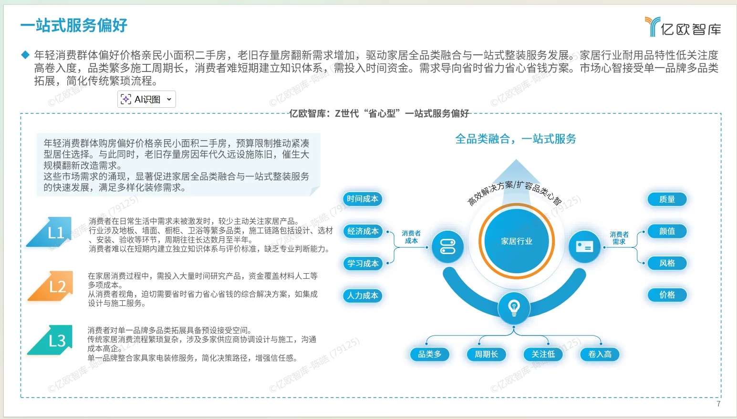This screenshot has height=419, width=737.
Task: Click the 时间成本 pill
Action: (363, 199)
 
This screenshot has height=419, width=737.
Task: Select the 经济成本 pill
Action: (363, 231)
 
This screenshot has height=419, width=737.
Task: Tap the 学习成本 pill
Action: (363, 264)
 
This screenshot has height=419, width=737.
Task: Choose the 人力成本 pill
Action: (363, 296)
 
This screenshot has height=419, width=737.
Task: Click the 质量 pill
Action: (667, 199)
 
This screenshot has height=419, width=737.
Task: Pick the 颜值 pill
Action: (667, 231)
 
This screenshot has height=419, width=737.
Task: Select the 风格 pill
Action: (667, 263)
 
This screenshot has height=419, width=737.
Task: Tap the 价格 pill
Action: (667, 295)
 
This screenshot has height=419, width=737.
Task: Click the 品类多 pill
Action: (430, 354)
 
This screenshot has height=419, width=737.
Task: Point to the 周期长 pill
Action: (486, 354)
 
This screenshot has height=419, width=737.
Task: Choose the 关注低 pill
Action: (543, 354)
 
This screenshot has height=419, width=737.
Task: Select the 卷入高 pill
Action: (600, 354)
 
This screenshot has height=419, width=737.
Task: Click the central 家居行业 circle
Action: (517, 241)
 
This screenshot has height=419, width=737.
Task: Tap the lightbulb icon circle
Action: (514, 308)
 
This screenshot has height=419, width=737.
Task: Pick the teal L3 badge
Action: (53, 340)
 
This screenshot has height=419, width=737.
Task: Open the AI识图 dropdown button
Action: (146, 99)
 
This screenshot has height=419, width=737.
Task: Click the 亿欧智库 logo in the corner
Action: (683, 27)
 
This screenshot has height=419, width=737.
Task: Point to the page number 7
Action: (718, 404)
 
